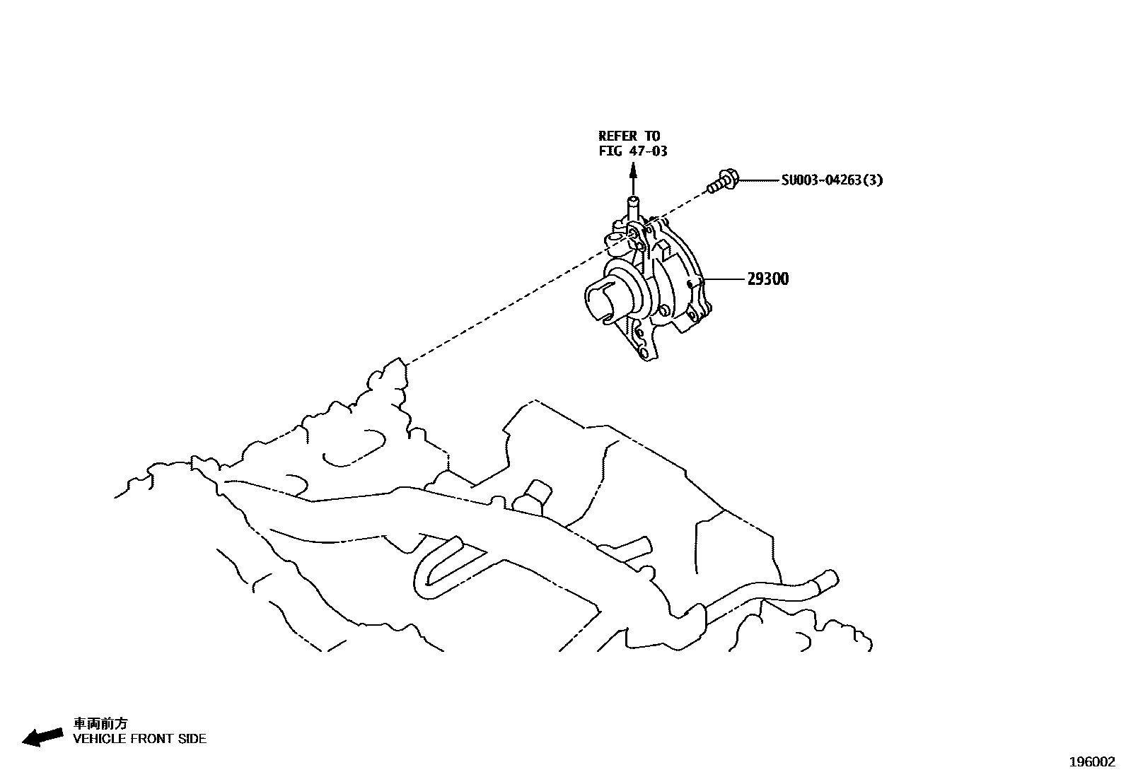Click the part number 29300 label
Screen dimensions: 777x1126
pyautogui.click(x=767, y=279)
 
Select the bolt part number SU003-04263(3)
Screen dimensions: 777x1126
pyautogui.click(x=832, y=180)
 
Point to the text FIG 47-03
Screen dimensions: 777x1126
pyautogui.click(x=632, y=151)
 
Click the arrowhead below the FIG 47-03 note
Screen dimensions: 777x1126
pyautogui.click(x=633, y=170)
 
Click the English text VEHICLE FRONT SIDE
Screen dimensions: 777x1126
pyautogui.click(x=140, y=739)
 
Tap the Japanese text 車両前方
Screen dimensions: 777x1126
pyautogui.click(x=101, y=724)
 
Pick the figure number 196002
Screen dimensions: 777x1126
pyautogui.click(x=1091, y=762)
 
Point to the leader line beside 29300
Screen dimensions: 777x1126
pyautogui.click(x=724, y=279)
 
